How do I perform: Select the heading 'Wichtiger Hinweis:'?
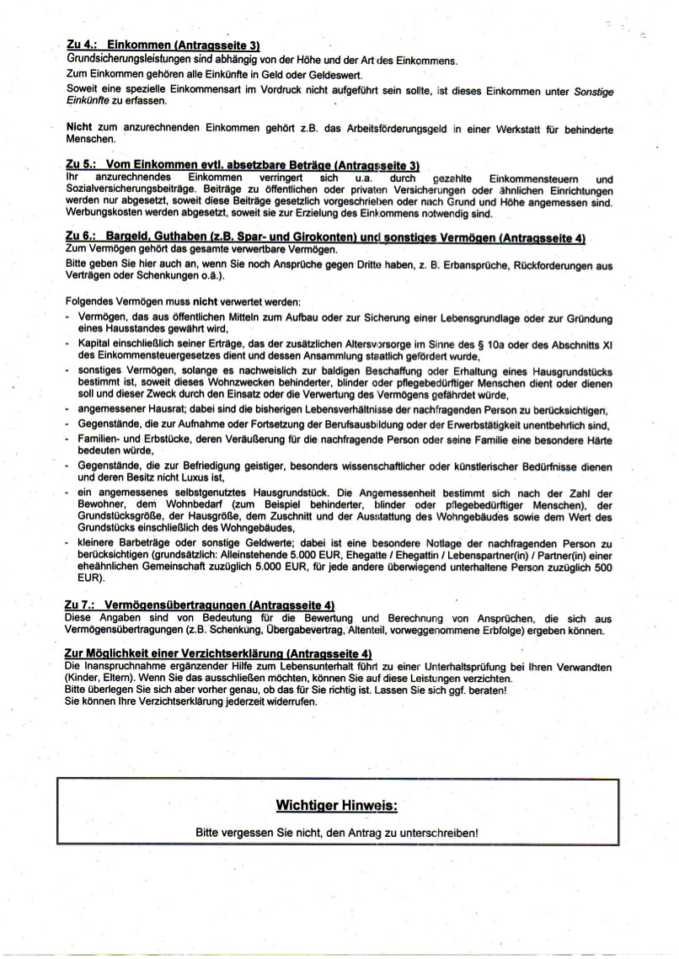(x=336, y=806)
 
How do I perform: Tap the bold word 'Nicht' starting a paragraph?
(x=79, y=128)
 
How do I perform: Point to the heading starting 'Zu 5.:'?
(x=242, y=167)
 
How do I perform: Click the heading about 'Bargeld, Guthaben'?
(x=324, y=239)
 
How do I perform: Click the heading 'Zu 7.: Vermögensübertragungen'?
(x=199, y=605)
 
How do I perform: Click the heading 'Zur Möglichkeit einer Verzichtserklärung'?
(x=217, y=653)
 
